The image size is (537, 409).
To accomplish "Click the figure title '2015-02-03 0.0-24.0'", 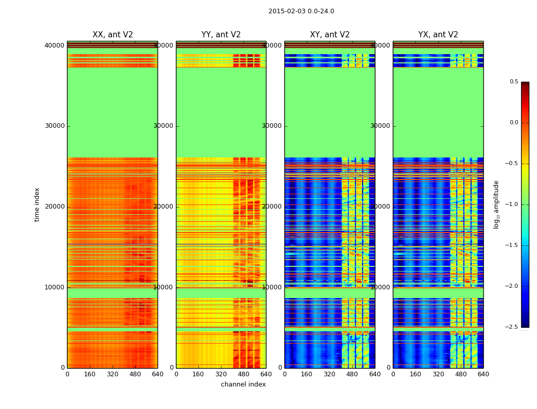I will [x=301, y=11].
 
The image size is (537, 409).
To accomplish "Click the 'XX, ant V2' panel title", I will [x=113, y=35].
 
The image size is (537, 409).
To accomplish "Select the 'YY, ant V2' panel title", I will [x=221, y=35].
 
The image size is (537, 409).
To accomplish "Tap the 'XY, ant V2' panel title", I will [x=330, y=35].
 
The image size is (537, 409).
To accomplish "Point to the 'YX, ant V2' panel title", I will [x=438, y=35].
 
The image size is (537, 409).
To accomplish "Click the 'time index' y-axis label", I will [x=37, y=204].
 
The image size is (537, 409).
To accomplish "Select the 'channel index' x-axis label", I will [x=243, y=384].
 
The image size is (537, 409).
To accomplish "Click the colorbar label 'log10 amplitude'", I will [x=496, y=204].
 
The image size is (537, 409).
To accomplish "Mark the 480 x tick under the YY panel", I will [x=243, y=374].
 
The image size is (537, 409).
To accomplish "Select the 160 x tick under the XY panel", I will [x=307, y=374].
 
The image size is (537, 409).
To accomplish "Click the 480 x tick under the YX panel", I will [x=461, y=374].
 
